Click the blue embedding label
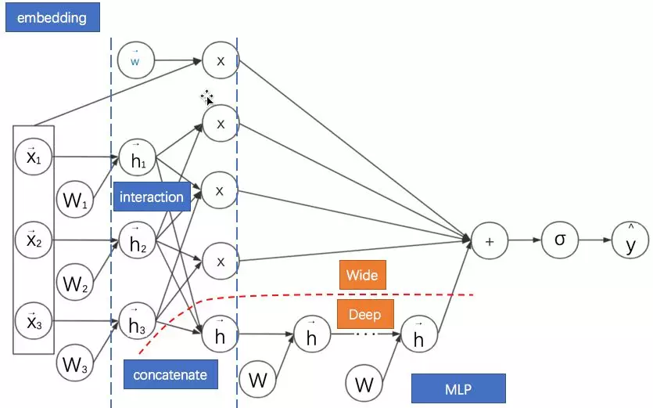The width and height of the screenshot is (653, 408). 52,17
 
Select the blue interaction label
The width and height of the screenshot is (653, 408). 152,197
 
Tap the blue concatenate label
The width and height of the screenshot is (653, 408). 170,374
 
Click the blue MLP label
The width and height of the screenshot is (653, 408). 457,388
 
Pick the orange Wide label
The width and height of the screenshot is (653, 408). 362,275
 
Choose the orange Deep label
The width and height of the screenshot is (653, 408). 364,315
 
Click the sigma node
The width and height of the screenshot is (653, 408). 560,240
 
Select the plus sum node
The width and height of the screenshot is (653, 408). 490,241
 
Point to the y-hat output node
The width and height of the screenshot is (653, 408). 630,240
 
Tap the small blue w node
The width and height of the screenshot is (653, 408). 135,60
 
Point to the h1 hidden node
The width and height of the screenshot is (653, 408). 137,157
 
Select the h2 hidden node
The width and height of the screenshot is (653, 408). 137,242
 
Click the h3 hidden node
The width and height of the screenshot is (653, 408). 137,323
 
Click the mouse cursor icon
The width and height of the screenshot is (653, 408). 207,98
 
